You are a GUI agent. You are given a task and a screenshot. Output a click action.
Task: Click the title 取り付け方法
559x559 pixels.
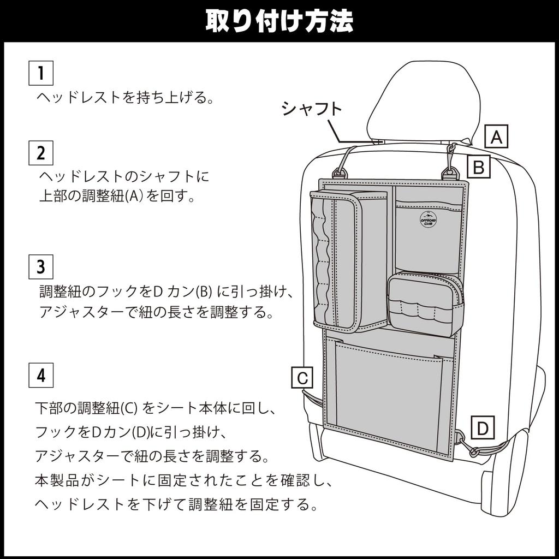pos(279,20)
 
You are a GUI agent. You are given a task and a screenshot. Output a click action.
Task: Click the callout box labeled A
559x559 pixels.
pos(496,136)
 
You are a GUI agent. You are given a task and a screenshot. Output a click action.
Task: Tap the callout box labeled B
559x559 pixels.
pos(478,167)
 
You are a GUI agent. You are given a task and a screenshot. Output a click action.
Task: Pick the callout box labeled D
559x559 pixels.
pos(482,429)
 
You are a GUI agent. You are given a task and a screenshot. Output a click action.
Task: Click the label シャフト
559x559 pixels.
pos(312,109)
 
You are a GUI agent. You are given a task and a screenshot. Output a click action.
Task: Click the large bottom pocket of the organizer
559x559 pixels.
pos(389,393)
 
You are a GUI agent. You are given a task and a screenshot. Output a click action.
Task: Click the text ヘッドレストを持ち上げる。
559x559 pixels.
pos(124,98)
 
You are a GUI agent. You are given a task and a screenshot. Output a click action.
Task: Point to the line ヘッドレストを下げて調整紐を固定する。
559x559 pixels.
pos(176,504)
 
